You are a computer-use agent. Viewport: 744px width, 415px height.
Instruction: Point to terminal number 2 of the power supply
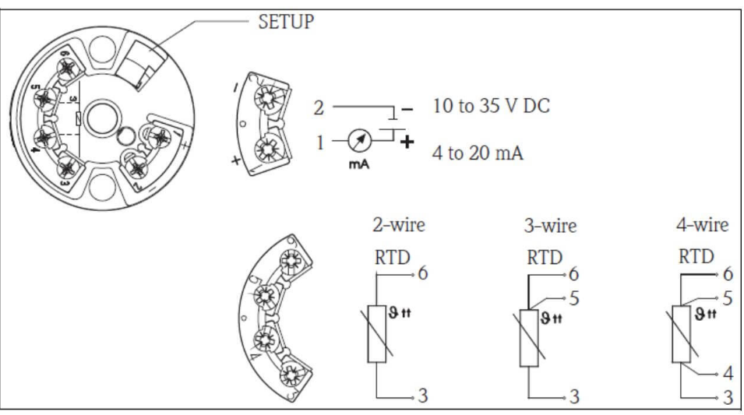(317, 107)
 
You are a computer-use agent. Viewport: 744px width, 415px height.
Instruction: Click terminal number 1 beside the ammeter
(318, 142)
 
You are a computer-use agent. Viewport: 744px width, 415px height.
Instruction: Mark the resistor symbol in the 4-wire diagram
(682, 334)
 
